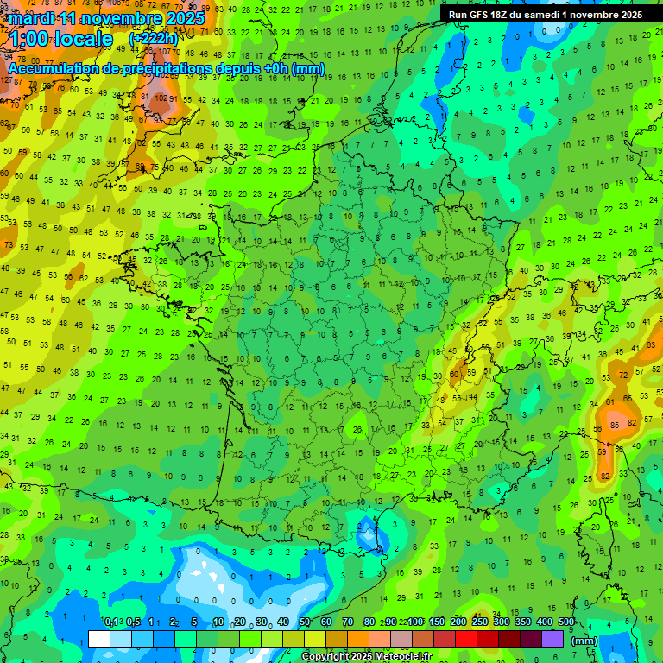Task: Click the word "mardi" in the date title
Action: click(30, 17)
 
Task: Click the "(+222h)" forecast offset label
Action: click(153, 38)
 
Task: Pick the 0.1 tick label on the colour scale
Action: click(110, 622)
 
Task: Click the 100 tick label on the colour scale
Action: click(415, 622)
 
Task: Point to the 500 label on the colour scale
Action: click(566, 622)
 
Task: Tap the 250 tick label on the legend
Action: click(480, 622)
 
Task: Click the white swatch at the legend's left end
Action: click(99, 639)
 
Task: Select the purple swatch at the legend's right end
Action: click(552, 639)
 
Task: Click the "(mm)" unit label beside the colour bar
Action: click(584, 641)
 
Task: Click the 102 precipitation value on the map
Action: click(159, 98)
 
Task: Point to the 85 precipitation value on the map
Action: click(614, 425)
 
